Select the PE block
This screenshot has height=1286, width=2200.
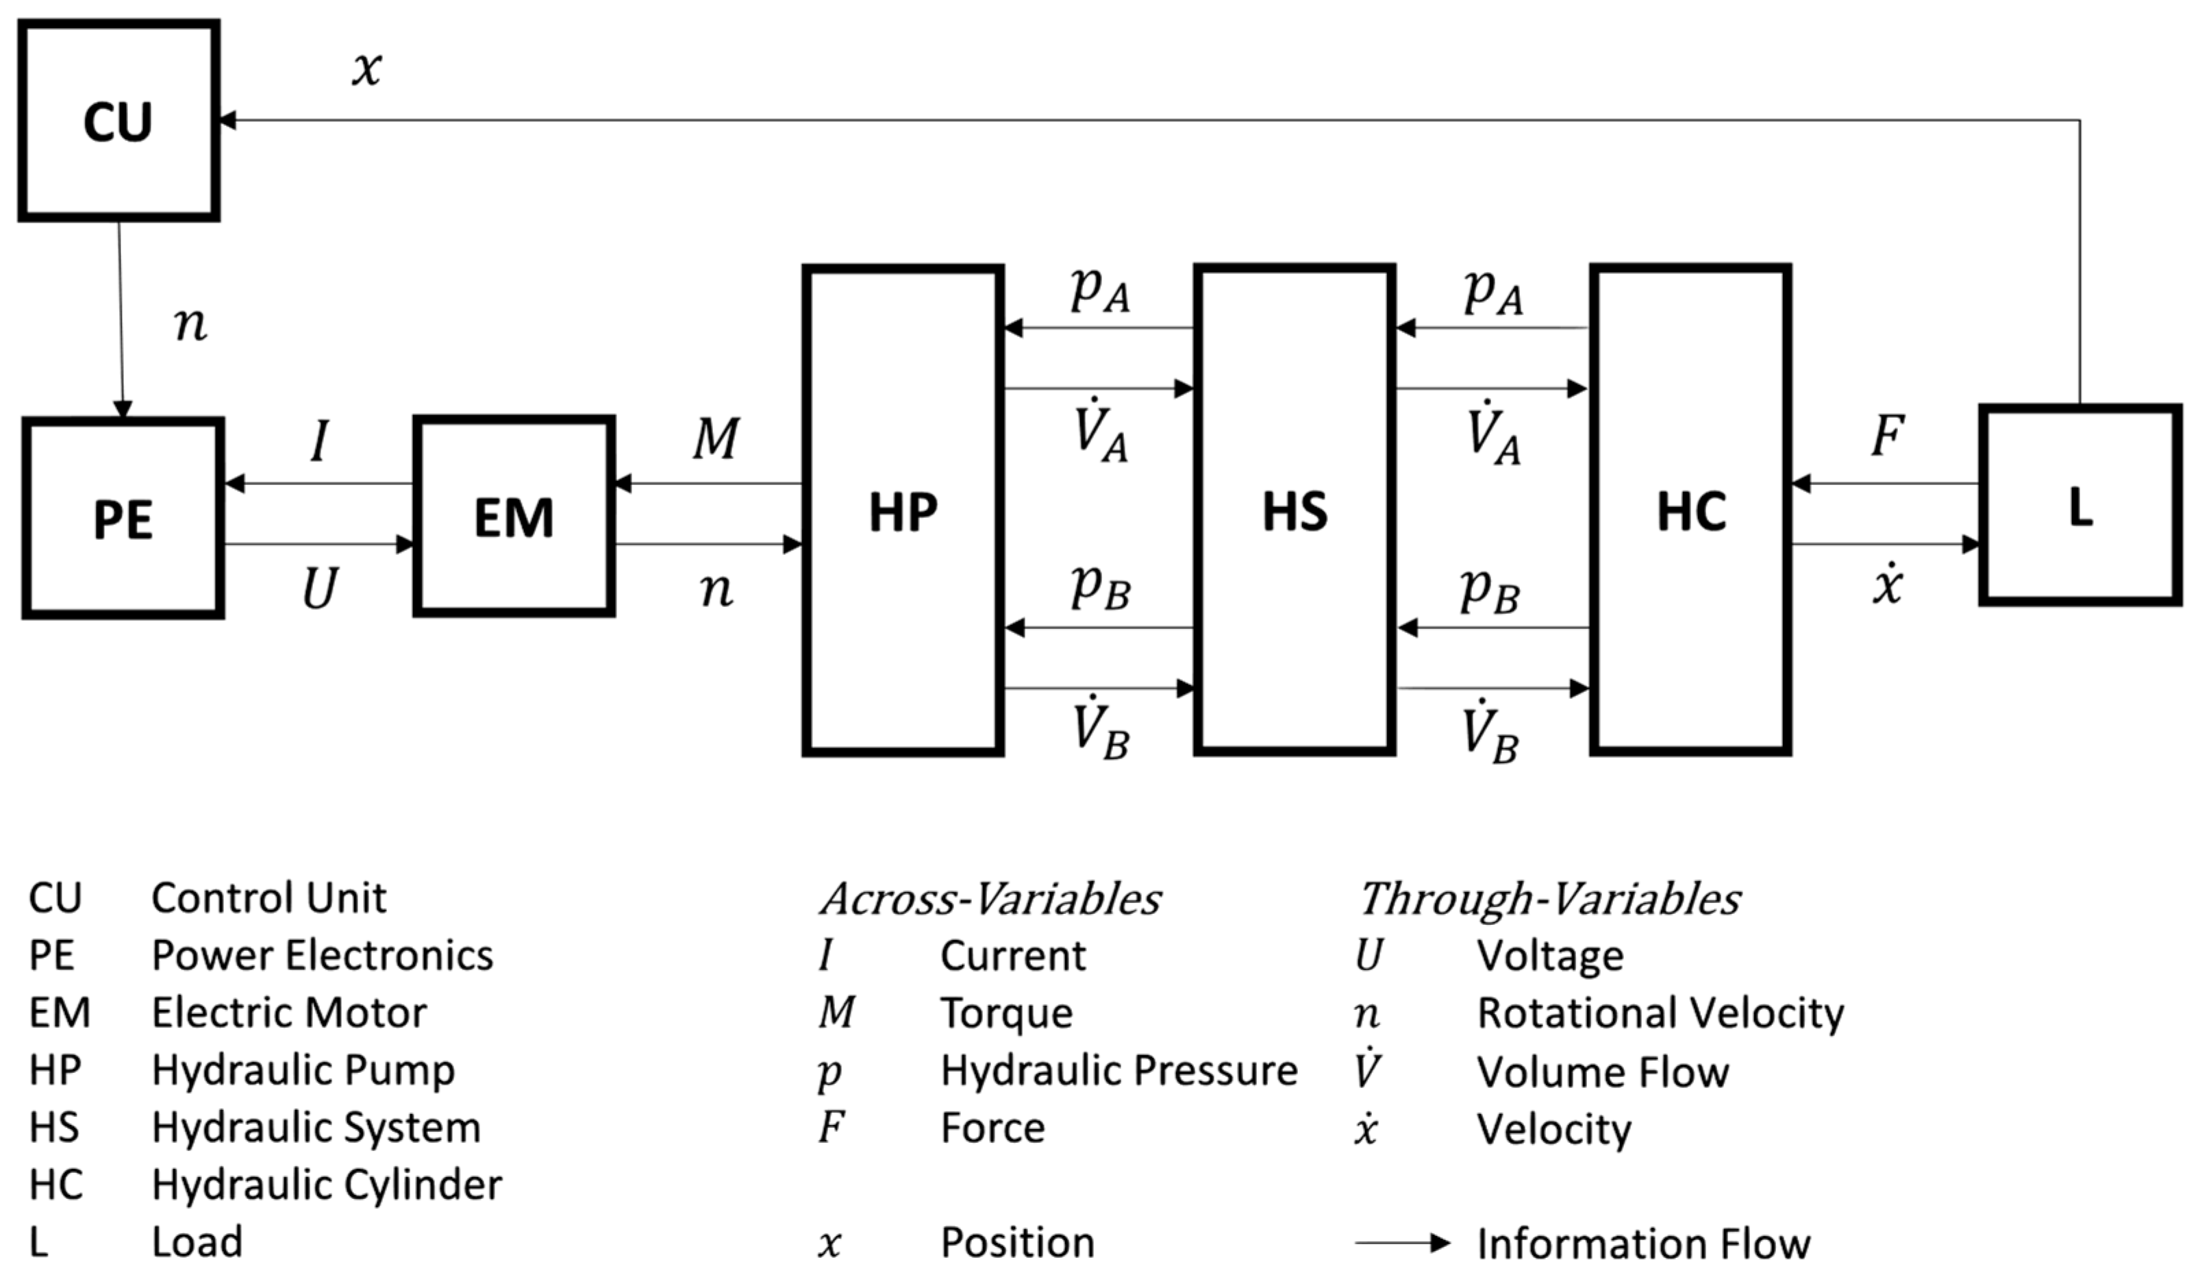pos(123,519)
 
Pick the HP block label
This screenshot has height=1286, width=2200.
pos(903,512)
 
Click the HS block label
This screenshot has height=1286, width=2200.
pos(1295,512)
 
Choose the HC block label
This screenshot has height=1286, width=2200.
pos(1691,512)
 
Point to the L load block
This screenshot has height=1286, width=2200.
pos(2080,506)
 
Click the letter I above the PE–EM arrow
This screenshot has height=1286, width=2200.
pos(320,441)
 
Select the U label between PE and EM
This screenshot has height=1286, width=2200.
pos(320,589)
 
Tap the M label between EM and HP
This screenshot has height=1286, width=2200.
pos(716,439)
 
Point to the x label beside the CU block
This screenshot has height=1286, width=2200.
pos(366,68)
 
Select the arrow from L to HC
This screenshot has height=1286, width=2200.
pos(1886,483)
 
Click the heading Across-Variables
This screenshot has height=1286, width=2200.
pos(990,899)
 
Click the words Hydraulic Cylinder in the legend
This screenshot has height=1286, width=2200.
pos(327,1185)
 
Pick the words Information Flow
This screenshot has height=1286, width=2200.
pos(1643,1244)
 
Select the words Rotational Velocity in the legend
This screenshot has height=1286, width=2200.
pos(1660,1013)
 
